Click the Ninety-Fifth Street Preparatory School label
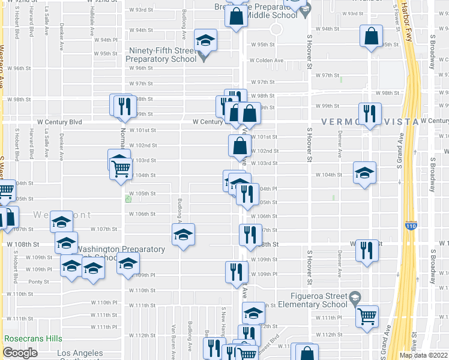(x=161, y=55)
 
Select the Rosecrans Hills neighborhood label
(x=33, y=339)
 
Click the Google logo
(x=20, y=353)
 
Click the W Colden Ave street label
(x=266, y=61)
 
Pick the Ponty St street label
(x=38, y=281)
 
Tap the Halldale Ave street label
(x=92, y=28)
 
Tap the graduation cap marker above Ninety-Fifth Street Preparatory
(x=206, y=40)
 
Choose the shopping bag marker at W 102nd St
(x=240, y=145)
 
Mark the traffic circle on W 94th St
(x=276, y=29)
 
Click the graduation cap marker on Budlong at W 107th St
(x=184, y=234)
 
